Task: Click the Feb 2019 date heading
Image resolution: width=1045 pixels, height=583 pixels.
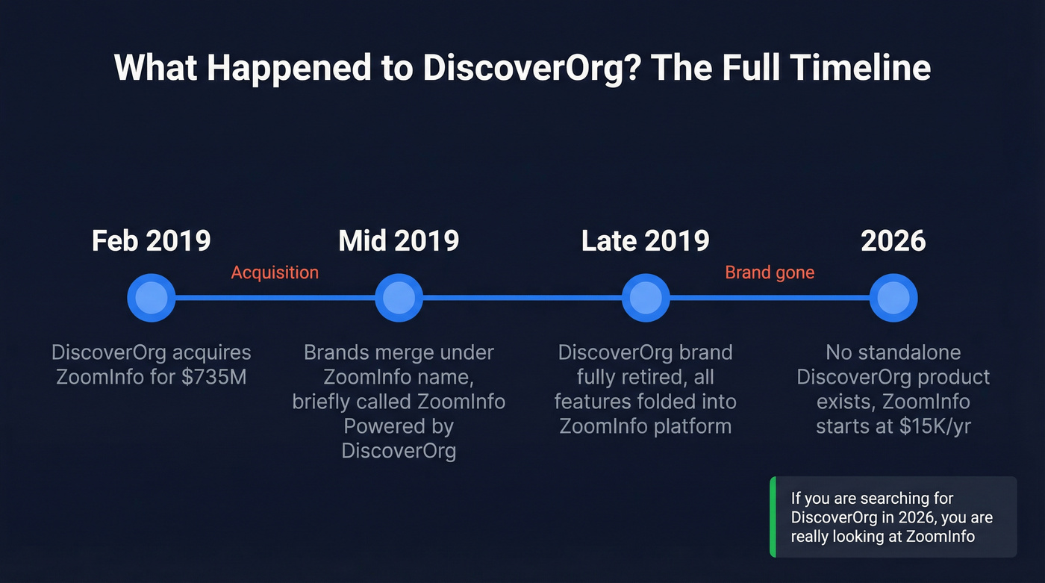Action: [x=151, y=241]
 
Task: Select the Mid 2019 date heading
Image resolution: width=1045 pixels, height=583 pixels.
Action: [x=399, y=241]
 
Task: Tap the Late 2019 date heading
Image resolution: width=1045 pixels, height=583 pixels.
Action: [x=645, y=241]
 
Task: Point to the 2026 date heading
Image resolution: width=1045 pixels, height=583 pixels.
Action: [x=893, y=241]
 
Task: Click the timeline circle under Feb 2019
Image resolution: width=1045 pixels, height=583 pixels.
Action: [x=152, y=298]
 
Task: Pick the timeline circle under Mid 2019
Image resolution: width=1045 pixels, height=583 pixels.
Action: [x=399, y=298]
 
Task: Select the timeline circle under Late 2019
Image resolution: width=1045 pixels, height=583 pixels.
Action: [x=646, y=298]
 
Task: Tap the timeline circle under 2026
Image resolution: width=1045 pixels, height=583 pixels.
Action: [x=893, y=298]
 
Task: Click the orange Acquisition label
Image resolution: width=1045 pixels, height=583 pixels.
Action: [x=275, y=272]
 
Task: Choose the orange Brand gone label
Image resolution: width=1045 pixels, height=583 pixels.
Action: [x=770, y=272]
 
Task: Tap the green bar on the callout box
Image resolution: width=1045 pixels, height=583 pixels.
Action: [x=773, y=517]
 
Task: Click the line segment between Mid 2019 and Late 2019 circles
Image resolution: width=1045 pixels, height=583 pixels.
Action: [x=522, y=298]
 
